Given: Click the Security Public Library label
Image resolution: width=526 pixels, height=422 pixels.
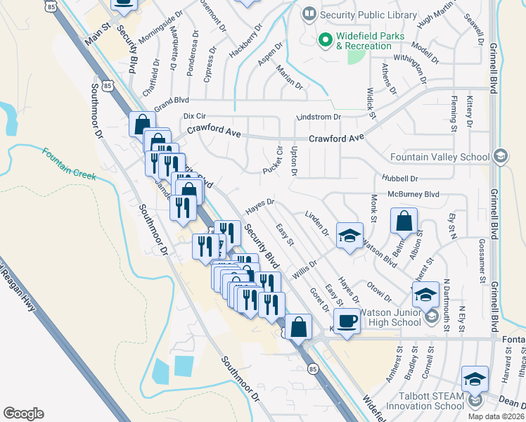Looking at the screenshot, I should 358,13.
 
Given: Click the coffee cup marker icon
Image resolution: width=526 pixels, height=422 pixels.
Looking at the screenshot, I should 347,321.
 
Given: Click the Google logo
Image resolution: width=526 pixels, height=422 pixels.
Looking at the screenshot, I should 23,414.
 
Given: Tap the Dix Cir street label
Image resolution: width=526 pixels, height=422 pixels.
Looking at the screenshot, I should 193,115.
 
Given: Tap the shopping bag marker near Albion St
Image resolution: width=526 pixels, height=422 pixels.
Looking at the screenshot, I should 404,222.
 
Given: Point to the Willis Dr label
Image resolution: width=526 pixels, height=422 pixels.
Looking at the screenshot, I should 304,267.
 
